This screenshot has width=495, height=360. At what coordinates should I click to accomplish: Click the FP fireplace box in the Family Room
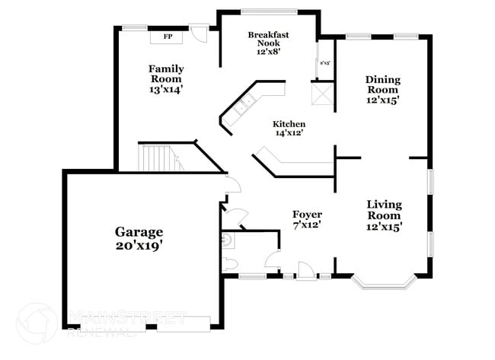click(x=167, y=36)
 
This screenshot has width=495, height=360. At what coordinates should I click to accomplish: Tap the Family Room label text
click(x=165, y=79)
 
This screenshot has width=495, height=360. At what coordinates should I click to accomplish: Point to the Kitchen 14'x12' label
click(x=289, y=129)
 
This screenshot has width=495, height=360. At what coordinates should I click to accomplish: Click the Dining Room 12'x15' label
click(x=382, y=89)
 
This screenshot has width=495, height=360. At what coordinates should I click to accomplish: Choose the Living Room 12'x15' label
click(x=384, y=215)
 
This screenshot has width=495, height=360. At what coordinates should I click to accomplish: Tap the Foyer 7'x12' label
click(x=307, y=219)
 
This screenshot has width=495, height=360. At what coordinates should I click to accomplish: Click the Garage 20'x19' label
click(x=139, y=238)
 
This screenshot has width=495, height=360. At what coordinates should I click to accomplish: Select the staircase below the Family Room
click(x=158, y=158)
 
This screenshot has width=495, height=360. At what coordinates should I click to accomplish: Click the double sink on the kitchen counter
click(x=245, y=107)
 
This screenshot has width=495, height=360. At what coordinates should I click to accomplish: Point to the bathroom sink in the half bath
click(x=226, y=241)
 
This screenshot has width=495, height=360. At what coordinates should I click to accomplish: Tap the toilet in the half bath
click(x=229, y=263)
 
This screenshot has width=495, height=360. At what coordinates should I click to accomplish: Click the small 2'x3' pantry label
click(x=325, y=63)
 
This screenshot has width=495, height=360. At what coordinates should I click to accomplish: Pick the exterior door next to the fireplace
click(x=199, y=34)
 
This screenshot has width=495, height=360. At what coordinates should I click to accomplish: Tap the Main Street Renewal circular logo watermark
click(x=36, y=323)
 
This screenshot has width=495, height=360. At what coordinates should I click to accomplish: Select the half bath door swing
click(x=268, y=262)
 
